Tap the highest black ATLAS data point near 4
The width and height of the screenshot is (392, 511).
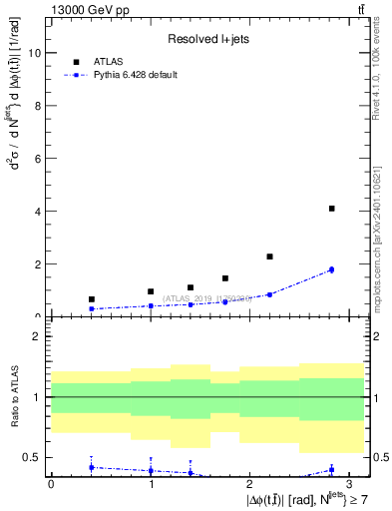coord(331,209)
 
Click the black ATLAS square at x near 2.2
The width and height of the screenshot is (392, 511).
coord(269,256)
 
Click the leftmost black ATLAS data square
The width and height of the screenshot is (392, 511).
coord(92,299)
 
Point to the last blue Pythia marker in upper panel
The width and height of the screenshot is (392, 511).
coord(331,269)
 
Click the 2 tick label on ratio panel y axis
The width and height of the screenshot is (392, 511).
coord(36,336)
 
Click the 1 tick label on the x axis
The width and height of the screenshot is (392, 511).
coord(150,482)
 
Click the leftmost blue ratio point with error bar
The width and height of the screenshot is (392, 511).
coord(92,467)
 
